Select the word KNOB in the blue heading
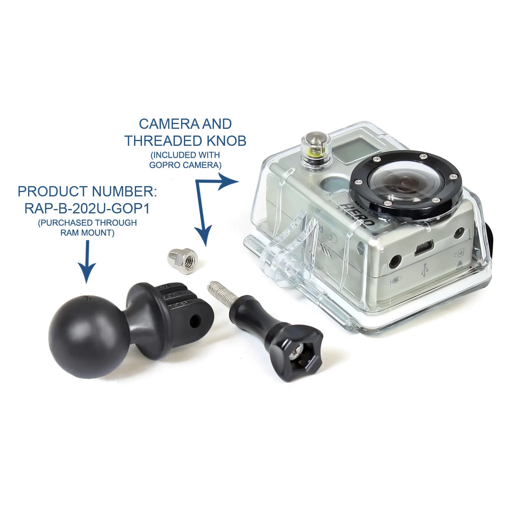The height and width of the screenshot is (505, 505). coord(226,141)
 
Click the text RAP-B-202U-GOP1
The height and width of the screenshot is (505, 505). coord(87,209)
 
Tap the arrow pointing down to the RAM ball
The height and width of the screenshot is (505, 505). coord(87,262)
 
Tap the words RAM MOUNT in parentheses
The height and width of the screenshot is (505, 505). coord(87,233)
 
